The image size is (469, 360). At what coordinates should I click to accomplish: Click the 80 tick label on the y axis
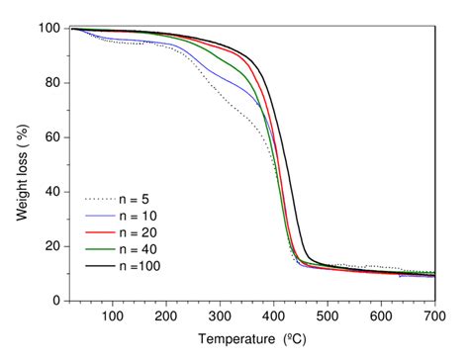[x=50, y=83]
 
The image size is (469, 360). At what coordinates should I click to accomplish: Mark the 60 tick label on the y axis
[x=50, y=137]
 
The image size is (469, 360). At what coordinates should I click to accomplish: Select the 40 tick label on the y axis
[x=50, y=192]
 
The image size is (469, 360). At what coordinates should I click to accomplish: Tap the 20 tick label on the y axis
[x=50, y=246]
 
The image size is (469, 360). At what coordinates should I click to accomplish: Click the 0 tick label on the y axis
[x=54, y=301]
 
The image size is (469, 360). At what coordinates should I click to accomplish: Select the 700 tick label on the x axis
[x=436, y=315]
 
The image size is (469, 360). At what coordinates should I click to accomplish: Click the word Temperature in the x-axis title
[x=234, y=340]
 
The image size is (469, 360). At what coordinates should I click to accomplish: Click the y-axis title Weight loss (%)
[x=21, y=164]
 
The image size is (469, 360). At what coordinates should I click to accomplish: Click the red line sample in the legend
[x=100, y=231]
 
